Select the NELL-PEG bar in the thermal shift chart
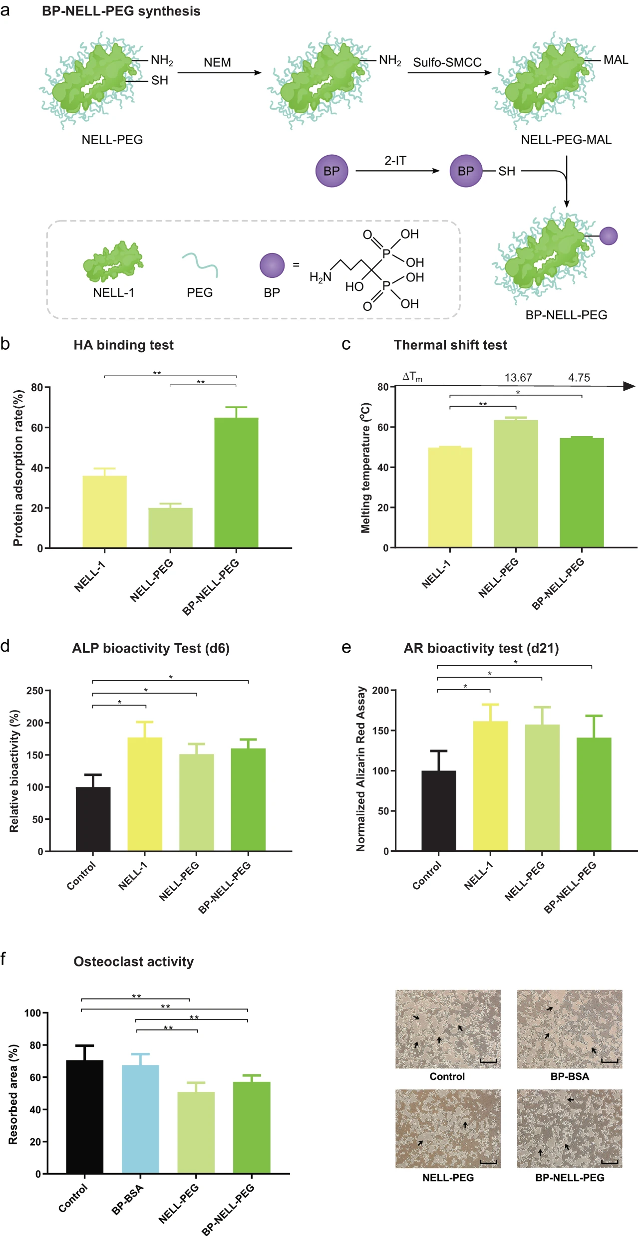tap(516, 484)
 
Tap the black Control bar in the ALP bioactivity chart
tap(93, 818)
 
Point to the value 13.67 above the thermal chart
tap(518, 378)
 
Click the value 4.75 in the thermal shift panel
tap(579, 378)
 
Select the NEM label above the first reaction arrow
tap(217, 63)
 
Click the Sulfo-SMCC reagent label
tap(447, 63)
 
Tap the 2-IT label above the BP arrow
tap(395, 161)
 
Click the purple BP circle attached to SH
tap(466, 171)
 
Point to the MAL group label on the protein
tap(616, 60)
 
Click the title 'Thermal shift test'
tap(450, 345)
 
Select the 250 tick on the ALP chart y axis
tap(35, 691)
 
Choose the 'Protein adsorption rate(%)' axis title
tap(18, 468)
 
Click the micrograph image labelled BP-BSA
tap(570, 1029)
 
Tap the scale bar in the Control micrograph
tap(488, 1060)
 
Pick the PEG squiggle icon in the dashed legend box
tap(200, 264)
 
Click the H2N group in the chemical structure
tap(320, 277)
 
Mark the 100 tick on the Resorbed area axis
tap(33, 1013)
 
